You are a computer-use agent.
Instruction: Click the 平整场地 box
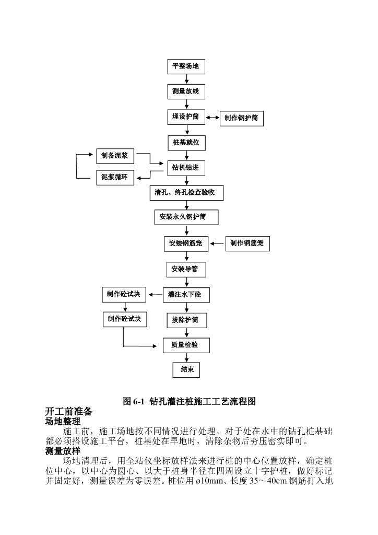tap(186, 67)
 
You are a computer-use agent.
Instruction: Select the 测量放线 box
tap(186, 91)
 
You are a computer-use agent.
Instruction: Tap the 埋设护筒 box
tap(186, 117)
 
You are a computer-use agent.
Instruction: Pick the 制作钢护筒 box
tap(241, 118)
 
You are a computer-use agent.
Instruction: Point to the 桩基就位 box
tap(186, 143)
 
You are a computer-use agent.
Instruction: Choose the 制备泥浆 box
tap(115, 156)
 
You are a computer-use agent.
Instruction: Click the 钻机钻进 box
tap(186, 168)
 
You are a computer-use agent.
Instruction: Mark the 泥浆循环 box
tap(115, 177)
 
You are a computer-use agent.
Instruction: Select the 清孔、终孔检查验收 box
tap(186, 192)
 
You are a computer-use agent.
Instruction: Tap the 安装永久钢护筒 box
tap(186, 217)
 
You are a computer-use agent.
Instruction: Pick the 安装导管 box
tap(186, 270)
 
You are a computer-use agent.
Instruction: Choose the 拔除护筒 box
tap(186, 320)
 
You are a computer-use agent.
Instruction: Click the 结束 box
tap(187, 369)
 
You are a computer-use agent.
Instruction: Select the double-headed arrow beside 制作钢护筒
tap(213, 118)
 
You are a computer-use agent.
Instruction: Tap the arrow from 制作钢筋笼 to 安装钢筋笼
tap(217, 243)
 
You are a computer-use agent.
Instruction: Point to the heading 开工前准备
tap(69, 411)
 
